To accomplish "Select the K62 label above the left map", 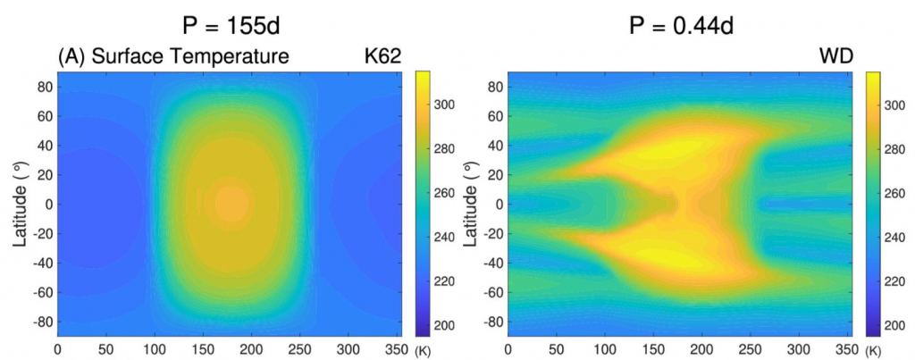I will pyautogui.click(x=376, y=58).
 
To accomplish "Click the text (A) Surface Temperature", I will pyautogui.click(x=173, y=58).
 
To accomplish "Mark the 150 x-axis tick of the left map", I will pyautogui.click(x=155, y=349).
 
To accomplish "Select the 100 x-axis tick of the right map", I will pyautogui.click(x=605, y=349).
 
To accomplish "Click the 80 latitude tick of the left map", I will pyautogui.click(x=43, y=87).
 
